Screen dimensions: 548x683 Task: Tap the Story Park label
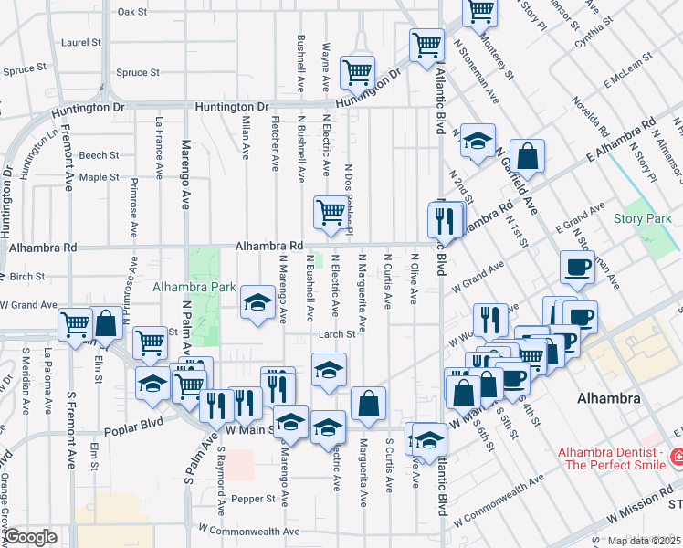[642, 218]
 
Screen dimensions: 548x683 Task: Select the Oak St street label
[132, 12]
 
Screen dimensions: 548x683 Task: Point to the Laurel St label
[80, 42]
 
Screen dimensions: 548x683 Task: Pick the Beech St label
[99, 155]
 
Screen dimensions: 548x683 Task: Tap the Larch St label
[336, 334]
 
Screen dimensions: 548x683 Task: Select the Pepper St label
[257, 499]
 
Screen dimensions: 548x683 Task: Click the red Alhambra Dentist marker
[678, 455]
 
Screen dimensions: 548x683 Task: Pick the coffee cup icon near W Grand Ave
[577, 267]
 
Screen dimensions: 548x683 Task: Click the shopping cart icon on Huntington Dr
[357, 72]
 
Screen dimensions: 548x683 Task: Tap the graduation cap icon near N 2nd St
[477, 141]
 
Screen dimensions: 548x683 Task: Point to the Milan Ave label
[245, 137]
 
